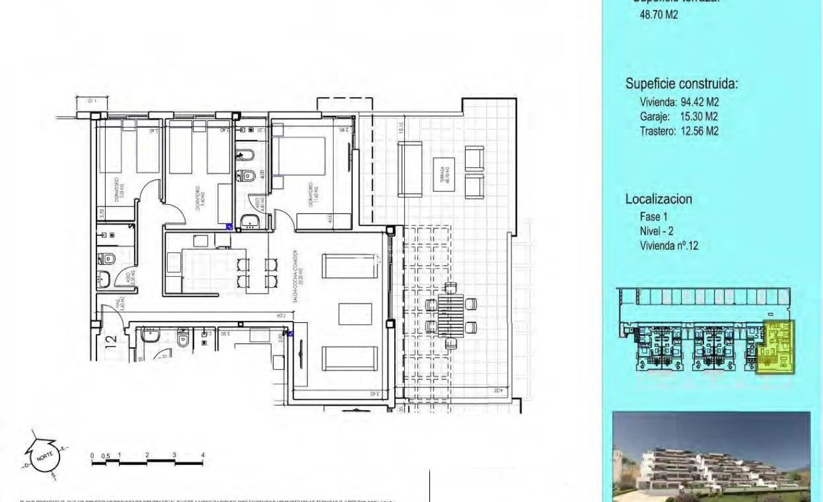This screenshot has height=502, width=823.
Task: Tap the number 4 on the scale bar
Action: point(203,455)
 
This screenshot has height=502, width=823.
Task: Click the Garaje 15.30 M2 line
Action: point(678,116)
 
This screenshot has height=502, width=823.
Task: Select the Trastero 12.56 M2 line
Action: point(678,131)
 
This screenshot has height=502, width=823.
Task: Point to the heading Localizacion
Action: point(658,199)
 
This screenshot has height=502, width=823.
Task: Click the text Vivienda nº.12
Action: point(669,246)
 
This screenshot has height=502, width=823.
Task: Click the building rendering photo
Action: point(711,456)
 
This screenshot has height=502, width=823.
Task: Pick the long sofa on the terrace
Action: point(411,168)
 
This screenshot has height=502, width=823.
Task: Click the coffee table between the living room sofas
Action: point(355,314)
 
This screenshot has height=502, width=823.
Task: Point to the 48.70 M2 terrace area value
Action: point(658,14)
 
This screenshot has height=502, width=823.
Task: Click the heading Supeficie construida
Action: point(682,84)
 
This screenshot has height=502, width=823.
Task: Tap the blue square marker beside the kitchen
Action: point(229,227)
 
